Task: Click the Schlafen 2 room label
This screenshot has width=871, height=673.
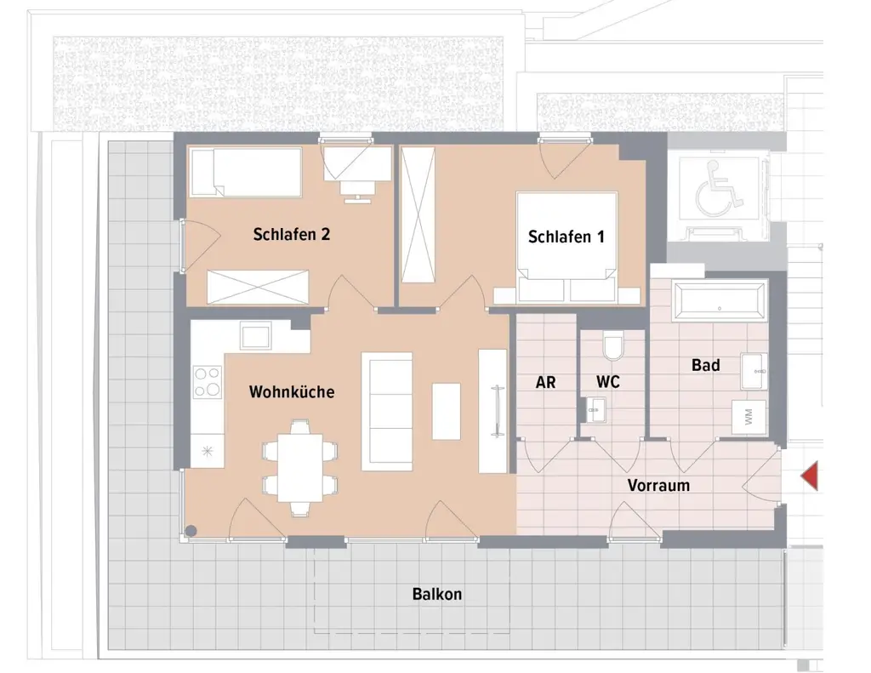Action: click(x=291, y=235)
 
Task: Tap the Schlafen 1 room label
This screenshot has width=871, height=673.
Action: click(x=566, y=237)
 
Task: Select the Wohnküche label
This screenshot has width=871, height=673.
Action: click(x=291, y=392)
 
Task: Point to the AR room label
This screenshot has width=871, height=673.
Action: click(x=545, y=383)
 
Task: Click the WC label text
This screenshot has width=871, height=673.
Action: click(x=608, y=383)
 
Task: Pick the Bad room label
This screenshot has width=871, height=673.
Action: click(x=705, y=365)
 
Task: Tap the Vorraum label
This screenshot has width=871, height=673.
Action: click(x=658, y=486)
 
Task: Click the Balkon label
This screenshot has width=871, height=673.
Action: click(x=437, y=594)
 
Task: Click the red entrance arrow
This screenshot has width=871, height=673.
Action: click(x=810, y=475)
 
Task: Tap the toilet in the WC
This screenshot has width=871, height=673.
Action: click(x=613, y=346)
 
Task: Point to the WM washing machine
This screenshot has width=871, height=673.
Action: click(x=749, y=417)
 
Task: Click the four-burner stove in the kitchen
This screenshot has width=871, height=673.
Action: click(x=208, y=381)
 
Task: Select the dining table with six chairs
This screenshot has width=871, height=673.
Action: click(x=299, y=468)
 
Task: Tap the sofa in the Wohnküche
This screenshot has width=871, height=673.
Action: click(x=387, y=411)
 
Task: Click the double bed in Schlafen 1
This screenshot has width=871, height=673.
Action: click(x=566, y=248)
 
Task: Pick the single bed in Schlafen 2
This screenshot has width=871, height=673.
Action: click(x=246, y=172)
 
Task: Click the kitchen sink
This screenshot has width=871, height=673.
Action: click(x=255, y=335)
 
